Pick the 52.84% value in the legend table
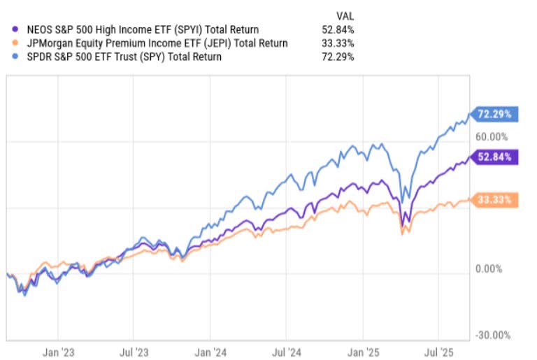pos(338,29)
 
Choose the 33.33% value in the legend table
pos(338,43)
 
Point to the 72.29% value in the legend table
pos(338,57)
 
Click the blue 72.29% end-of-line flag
pos(494,113)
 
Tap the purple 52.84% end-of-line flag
pos(494,156)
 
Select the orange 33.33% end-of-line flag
pos(494,200)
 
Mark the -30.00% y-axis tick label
pos(494,335)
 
